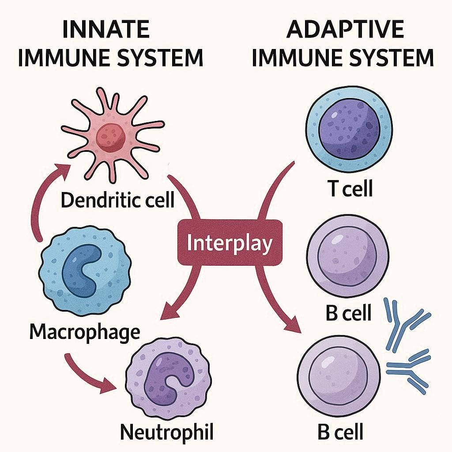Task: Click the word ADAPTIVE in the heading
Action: [x=345, y=30]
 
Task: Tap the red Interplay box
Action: [x=229, y=243]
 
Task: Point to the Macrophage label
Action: [x=84, y=332]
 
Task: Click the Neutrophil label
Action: [x=167, y=433]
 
